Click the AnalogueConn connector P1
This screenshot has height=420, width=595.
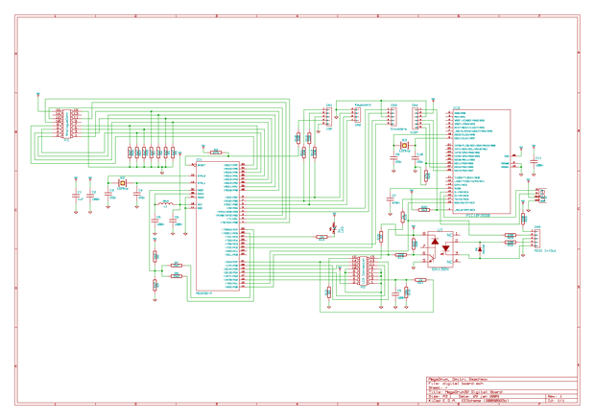(65, 126)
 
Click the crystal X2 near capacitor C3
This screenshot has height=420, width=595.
(122, 183)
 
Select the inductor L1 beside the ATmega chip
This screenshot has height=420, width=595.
(164, 204)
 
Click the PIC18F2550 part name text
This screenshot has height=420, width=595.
(477, 216)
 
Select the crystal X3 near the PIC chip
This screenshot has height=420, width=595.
(404, 146)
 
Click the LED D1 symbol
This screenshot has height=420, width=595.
(332, 228)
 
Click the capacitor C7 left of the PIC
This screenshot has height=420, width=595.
(392, 200)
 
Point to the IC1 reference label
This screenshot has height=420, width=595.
(199, 160)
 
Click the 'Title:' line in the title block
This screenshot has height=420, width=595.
(470, 391)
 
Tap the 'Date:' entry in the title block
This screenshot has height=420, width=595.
(480, 396)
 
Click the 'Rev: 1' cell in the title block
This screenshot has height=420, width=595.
(556, 396)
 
